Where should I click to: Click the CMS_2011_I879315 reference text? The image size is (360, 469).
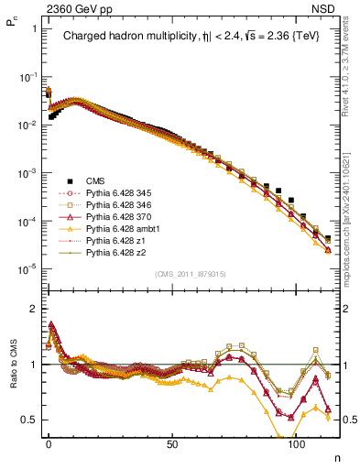(x=189, y=274)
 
